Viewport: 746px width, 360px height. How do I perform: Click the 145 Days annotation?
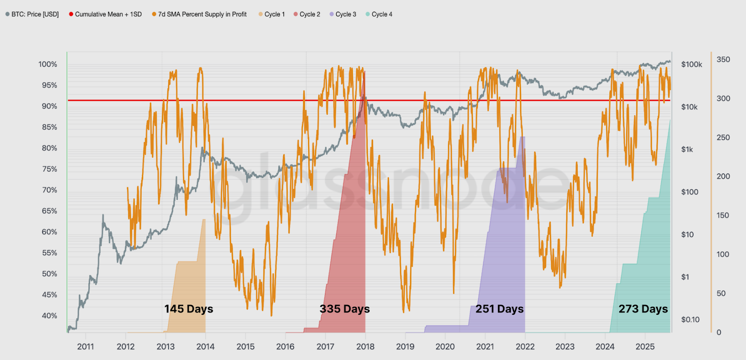point(188,309)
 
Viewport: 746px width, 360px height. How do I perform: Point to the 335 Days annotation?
point(345,309)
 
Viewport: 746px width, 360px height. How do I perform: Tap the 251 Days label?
point(499,309)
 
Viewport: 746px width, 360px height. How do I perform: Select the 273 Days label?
point(643,309)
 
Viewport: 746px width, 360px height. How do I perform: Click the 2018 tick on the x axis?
point(365,346)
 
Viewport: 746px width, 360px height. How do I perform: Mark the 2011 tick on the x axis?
point(85,346)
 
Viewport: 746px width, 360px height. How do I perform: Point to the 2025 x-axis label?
point(645,346)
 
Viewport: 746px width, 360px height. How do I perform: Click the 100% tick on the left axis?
point(48,64)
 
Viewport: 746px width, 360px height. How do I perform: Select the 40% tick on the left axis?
point(49,316)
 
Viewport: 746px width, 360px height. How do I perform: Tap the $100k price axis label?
point(691,64)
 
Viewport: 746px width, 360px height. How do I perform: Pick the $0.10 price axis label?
point(690,319)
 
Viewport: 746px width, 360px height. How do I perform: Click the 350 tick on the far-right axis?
point(723,60)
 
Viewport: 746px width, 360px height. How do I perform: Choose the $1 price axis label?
point(685,277)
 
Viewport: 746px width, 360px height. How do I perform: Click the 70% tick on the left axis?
point(49,190)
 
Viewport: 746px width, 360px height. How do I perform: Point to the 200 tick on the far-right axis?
point(723,176)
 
